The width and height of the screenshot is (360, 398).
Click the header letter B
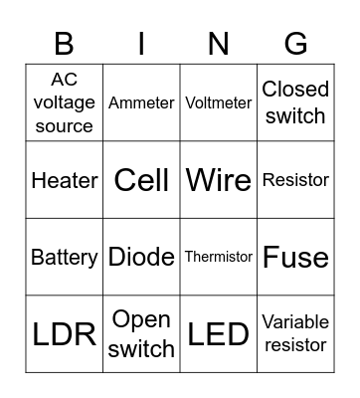tap(65, 44)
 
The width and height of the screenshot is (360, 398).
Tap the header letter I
tap(141, 44)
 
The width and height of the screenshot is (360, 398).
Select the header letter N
tap(219, 44)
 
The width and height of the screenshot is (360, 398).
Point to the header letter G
tap(295, 44)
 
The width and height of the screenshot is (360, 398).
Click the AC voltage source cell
tap(65, 102)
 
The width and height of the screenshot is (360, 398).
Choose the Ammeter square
tap(141, 102)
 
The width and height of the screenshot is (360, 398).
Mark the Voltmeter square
tap(219, 102)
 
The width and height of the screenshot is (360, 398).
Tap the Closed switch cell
tap(295, 102)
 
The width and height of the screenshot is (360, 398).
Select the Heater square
tap(65, 180)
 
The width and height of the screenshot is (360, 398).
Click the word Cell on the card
tap(141, 180)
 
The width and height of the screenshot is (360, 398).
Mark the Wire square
tap(219, 180)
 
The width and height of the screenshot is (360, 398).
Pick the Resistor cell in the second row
tap(295, 180)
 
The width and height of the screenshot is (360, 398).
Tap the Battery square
tap(65, 257)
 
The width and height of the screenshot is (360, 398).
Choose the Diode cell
tap(141, 257)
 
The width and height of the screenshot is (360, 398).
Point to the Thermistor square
tap(219, 257)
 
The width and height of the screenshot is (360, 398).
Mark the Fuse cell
tap(295, 257)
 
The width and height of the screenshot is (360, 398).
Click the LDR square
tap(65, 334)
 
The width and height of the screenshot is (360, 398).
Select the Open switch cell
tap(141, 334)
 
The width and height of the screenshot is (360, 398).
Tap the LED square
tap(219, 334)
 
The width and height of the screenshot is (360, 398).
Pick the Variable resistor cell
tap(295, 334)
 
